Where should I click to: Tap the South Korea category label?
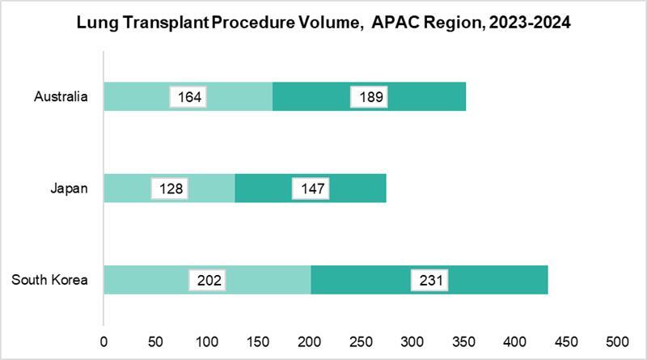[x=49, y=281]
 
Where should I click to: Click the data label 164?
[x=188, y=98]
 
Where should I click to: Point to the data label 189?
[x=369, y=98]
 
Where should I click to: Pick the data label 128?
[x=170, y=189]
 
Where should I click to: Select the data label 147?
[x=310, y=189]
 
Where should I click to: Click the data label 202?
[x=207, y=281]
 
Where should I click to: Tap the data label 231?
[x=429, y=281]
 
